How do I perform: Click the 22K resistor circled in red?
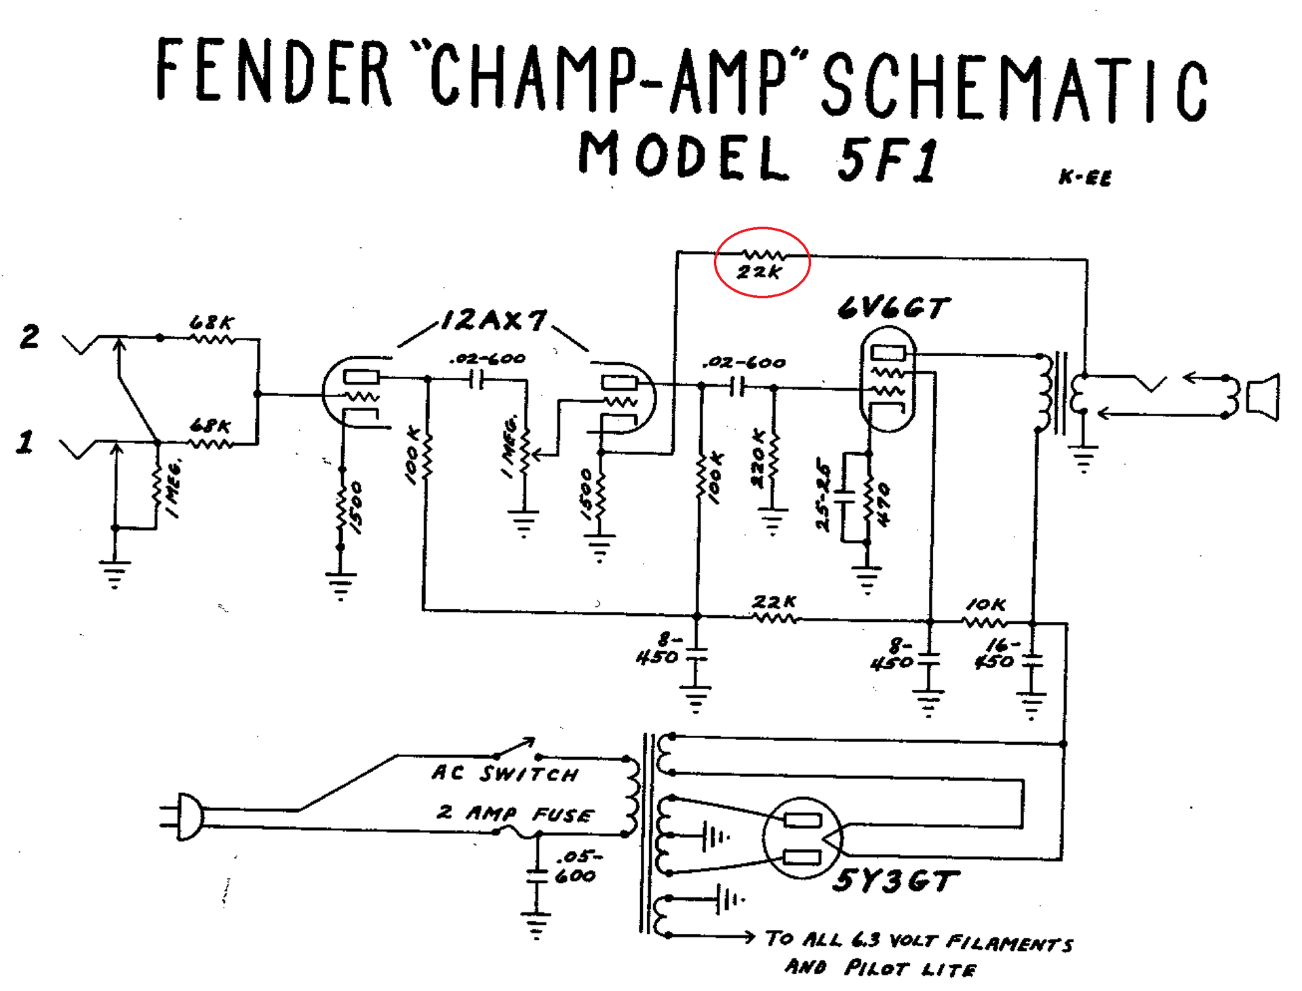(x=762, y=262)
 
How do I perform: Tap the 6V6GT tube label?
(x=893, y=309)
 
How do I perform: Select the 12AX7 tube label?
(x=494, y=320)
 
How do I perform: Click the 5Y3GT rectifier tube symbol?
(x=802, y=838)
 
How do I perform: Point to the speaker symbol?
(x=1263, y=397)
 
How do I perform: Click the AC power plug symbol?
(x=184, y=817)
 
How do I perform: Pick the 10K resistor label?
(x=985, y=604)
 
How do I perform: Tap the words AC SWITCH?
(x=505, y=773)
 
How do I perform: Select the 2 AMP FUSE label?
(x=515, y=813)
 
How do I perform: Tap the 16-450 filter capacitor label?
(x=995, y=653)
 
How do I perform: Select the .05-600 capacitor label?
(x=576, y=867)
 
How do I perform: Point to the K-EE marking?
(x=1085, y=178)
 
